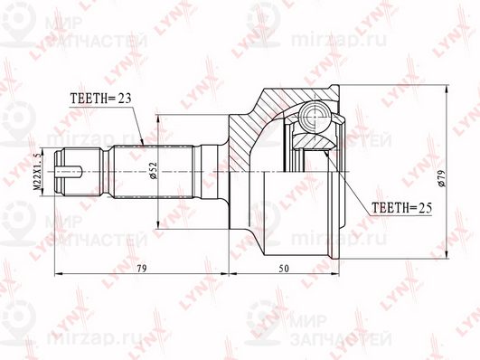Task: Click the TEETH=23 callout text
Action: click(x=100, y=99)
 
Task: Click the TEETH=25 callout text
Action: click(x=401, y=208)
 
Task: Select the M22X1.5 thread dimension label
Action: click(x=38, y=172)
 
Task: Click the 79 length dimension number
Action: click(x=142, y=268)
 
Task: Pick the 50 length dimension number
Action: click(x=284, y=268)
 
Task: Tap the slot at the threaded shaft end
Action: click(x=68, y=172)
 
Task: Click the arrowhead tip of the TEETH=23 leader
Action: click(x=144, y=146)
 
